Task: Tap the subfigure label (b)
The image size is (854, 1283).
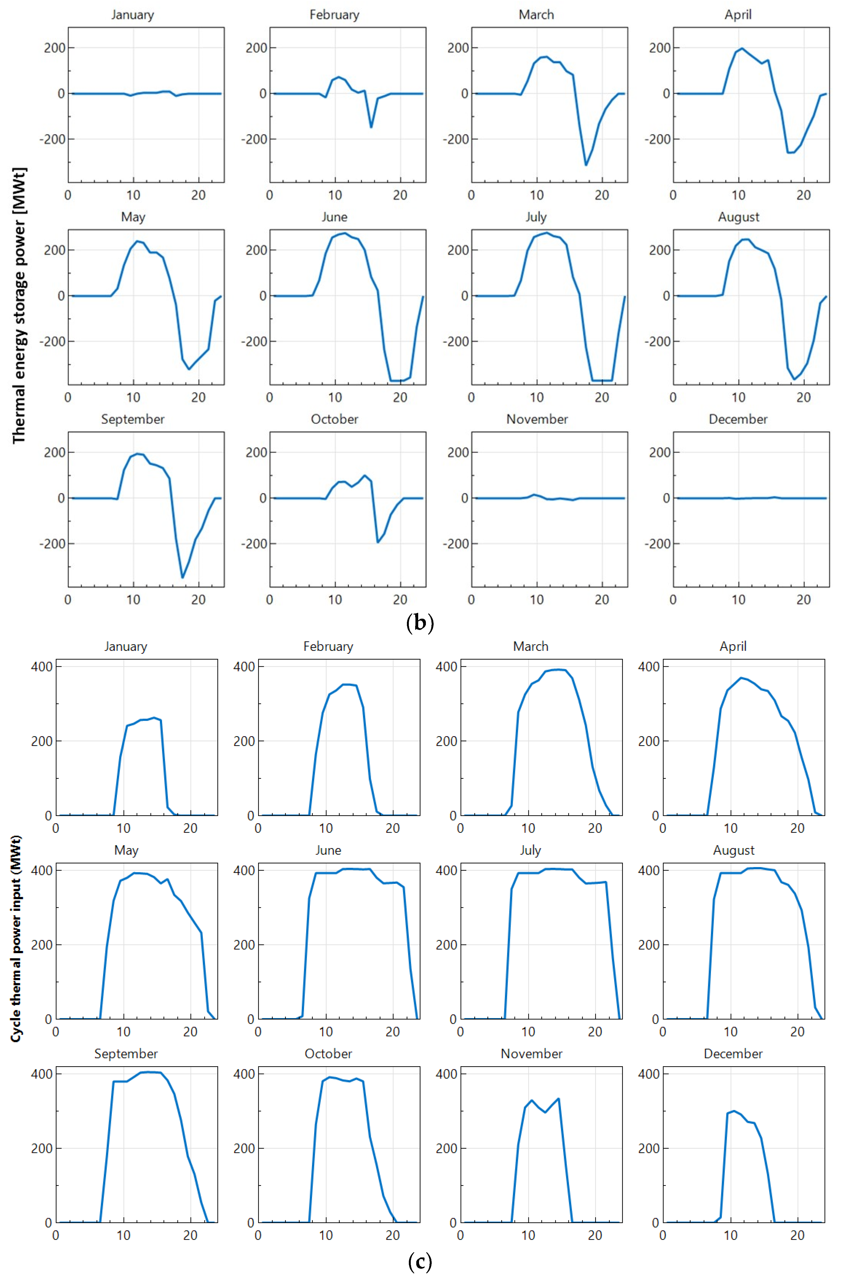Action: [x=420, y=623]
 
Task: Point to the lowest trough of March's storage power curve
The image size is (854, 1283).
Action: [x=586, y=165]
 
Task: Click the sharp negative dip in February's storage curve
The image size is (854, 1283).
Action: [x=371, y=127]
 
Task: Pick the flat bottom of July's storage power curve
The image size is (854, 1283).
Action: [x=602, y=380]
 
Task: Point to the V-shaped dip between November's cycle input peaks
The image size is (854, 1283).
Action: [x=545, y=1112]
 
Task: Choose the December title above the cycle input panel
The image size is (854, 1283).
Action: [x=733, y=1054]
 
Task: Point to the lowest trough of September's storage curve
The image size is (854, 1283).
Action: [x=182, y=577]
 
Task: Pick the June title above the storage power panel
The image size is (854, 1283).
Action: [x=334, y=217]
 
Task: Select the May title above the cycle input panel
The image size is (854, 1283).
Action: [x=126, y=850]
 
